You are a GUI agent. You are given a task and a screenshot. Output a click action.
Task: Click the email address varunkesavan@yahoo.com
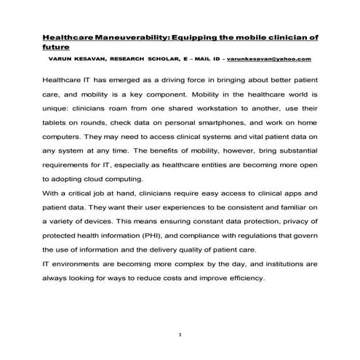coord(269,57)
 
